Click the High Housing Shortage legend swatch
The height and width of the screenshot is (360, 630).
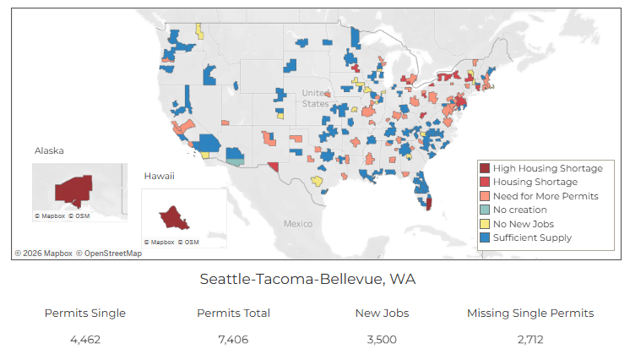(485, 168)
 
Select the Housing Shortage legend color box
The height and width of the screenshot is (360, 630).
(485, 182)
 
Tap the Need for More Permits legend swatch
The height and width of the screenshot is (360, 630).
(485, 196)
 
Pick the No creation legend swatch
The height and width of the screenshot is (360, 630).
(485, 210)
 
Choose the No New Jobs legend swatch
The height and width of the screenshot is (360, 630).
(485, 223)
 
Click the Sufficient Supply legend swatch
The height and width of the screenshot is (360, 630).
(485, 237)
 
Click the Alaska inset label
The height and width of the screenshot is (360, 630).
(49, 151)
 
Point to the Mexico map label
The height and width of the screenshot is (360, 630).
(297, 224)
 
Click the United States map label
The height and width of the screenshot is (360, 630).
(316, 98)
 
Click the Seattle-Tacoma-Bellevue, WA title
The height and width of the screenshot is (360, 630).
(307, 278)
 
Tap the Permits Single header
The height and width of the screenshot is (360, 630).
(85, 313)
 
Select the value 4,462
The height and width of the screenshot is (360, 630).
(85, 340)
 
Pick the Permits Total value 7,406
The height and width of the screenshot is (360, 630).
(234, 340)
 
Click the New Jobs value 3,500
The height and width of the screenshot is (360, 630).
(382, 340)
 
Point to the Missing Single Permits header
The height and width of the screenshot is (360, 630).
(530, 313)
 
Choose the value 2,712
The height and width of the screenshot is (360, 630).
(530, 340)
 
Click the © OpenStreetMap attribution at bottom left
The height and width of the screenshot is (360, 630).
(109, 253)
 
